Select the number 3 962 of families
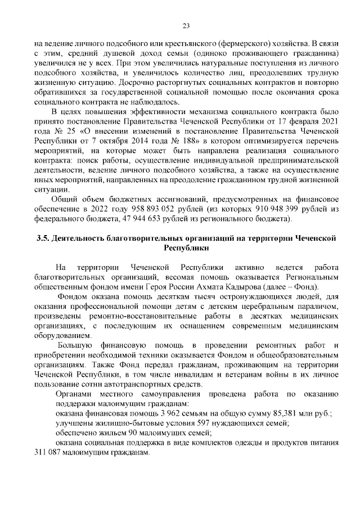coord(151,413)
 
